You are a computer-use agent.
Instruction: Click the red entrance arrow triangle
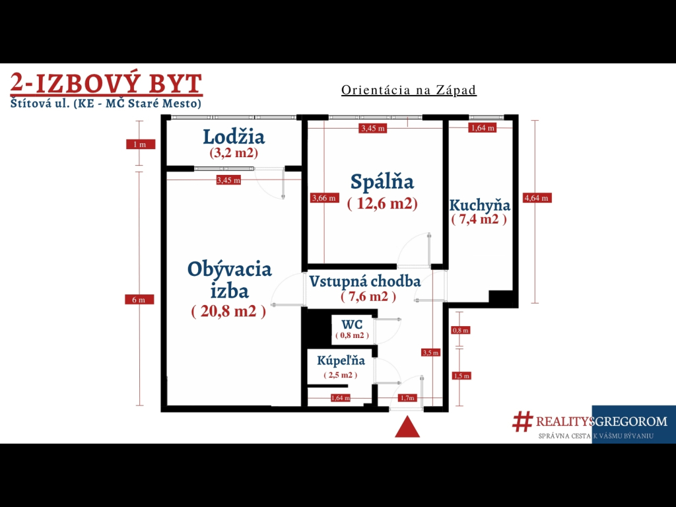(x=407, y=427)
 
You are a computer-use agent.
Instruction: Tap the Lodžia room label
(x=234, y=137)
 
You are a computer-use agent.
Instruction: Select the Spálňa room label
(x=382, y=182)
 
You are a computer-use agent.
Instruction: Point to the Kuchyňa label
(x=479, y=205)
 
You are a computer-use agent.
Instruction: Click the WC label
(x=352, y=324)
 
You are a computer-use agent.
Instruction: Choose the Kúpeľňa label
(x=341, y=360)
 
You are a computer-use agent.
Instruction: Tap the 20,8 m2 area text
(x=228, y=311)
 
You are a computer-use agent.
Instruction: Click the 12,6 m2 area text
(x=382, y=203)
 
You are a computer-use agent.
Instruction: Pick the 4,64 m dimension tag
(x=537, y=198)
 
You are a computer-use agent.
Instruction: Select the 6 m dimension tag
(x=139, y=300)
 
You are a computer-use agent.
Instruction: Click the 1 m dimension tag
(x=141, y=145)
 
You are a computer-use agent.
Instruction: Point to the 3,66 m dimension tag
(x=324, y=198)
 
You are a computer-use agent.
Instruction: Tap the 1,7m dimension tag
(x=407, y=397)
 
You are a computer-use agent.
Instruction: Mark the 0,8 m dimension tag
(x=460, y=330)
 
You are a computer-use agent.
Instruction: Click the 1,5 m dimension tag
(x=461, y=376)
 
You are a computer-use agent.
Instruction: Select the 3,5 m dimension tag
(x=430, y=353)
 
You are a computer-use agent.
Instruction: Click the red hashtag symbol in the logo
(x=523, y=421)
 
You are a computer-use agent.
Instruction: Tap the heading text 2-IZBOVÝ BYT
(x=106, y=83)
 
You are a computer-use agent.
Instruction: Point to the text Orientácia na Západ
(x=409, y=90)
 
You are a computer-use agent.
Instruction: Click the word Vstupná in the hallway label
(x=337, y=281)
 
